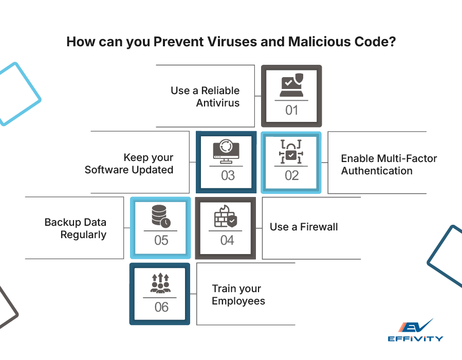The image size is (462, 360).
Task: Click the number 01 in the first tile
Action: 291,110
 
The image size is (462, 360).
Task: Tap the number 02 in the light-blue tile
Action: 291,175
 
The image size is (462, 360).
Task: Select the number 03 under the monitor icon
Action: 228,175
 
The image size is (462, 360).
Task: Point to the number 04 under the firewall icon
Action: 227,240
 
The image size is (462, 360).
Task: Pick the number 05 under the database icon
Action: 161,240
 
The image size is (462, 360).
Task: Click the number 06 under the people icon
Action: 161,307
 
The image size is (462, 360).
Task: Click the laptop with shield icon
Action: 291,86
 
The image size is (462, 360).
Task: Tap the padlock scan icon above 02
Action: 291,151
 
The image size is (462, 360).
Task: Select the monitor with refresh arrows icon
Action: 227,151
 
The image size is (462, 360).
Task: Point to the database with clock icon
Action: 161,217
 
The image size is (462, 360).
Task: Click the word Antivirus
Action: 218,103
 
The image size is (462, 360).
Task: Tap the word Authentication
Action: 377,171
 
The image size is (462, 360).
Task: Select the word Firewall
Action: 320,227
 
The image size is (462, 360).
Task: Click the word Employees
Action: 238,301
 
